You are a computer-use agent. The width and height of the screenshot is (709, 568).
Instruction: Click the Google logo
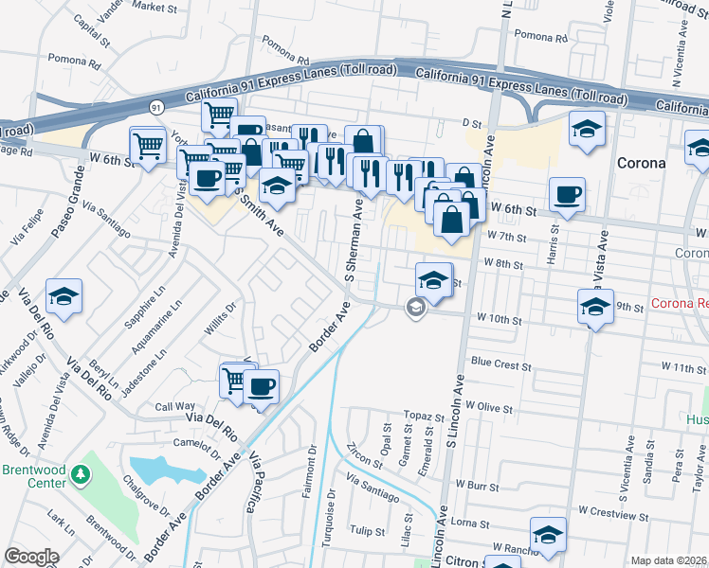[x=31, y=557]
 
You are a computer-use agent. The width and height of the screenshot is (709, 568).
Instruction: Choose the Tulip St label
[x=365, y=530]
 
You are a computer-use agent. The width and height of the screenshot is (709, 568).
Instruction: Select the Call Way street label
[x=174, y=407]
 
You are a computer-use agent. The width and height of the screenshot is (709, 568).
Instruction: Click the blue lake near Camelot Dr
[x=160, y=470]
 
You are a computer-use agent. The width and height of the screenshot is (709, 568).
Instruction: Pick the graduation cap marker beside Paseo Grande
[x=64, y=295]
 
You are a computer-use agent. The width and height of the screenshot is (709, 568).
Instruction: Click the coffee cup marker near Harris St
[x=567, y=195]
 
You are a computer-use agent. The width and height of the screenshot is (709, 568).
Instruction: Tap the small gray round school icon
[x=414, y=306]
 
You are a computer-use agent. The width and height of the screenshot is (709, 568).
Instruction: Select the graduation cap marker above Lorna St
[x=549, y=535]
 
